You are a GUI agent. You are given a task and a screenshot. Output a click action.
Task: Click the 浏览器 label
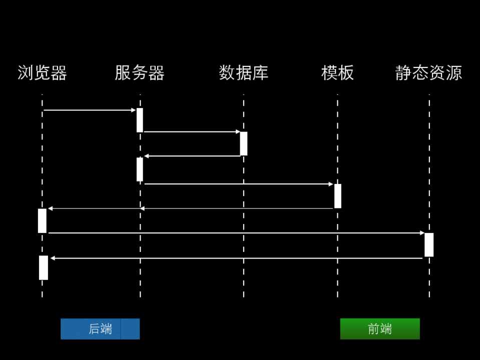pyautogui.click(x=42, y=73)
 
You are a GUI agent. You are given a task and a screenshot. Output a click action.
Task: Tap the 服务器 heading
pyautogui.click(x=140, y=73)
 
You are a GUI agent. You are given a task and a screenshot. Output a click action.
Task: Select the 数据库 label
pyautogui.click(x=244, y=73)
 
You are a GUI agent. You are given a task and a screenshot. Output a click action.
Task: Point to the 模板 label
pyautogui.click(x=337, y=73)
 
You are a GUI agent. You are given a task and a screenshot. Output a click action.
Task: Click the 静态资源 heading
pyautogui.click(x=428, y=73)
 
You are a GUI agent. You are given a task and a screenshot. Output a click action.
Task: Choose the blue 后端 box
pyautogui.click(x=100, y=329)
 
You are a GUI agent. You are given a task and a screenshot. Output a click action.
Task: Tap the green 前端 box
pyautogui.click(x=380, y=329)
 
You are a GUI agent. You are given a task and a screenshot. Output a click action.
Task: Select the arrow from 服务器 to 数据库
pyautogui.click(x=192, y=132)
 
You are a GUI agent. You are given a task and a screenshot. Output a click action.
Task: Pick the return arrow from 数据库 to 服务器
pyautogui.click(x=192, y=156)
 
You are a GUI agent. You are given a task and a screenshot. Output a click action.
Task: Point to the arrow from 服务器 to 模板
pyautogui.click(x=238, y=184)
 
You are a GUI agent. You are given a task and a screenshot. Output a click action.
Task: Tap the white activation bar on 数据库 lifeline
pyautogui.click(x=244, y=143)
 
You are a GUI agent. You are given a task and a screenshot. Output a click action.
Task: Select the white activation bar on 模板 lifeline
pyautogui.click(x=338, y=196)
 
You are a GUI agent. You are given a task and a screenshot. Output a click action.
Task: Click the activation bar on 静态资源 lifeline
pyautogui.click(x=429, y=245)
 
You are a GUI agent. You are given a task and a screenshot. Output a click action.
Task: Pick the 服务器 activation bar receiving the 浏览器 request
pyautogui.click(x=140, y=120)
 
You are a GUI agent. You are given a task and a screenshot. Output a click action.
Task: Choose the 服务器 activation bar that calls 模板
pyautogui.click(x=140, y=169)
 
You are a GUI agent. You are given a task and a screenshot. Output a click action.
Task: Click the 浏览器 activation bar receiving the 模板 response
pyautogui.click(x=42, y=220)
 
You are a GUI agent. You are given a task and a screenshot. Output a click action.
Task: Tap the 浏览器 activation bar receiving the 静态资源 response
pyautogui.click(x=44, y=267)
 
